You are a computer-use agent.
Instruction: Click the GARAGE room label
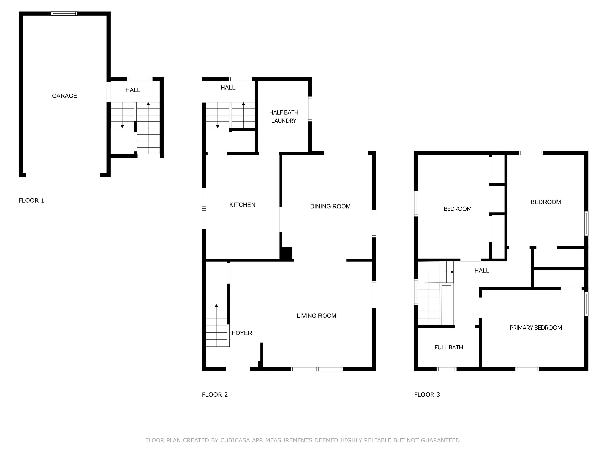point(65,96)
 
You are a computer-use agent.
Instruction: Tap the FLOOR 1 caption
point(31,201)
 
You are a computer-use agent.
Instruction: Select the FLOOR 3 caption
point(427,395)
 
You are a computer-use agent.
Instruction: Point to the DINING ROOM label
point(330,207)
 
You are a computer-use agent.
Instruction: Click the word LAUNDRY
point(283,121)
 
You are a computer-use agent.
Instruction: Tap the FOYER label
point(242,333)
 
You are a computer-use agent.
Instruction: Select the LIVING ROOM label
point(316,316)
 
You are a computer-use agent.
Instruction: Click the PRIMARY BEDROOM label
point(536,328)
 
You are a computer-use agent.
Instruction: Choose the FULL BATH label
point(448,347)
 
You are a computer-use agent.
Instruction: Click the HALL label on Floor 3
point(482,271)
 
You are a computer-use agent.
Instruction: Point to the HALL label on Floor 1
point(133,90)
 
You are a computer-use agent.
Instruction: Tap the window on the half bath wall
point(310,109)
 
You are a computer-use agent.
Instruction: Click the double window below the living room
point(317,369)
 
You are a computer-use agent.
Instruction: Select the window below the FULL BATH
point(447,369)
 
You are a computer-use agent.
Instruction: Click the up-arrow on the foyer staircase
point(216,306)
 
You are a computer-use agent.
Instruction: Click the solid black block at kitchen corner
point(287,253)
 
